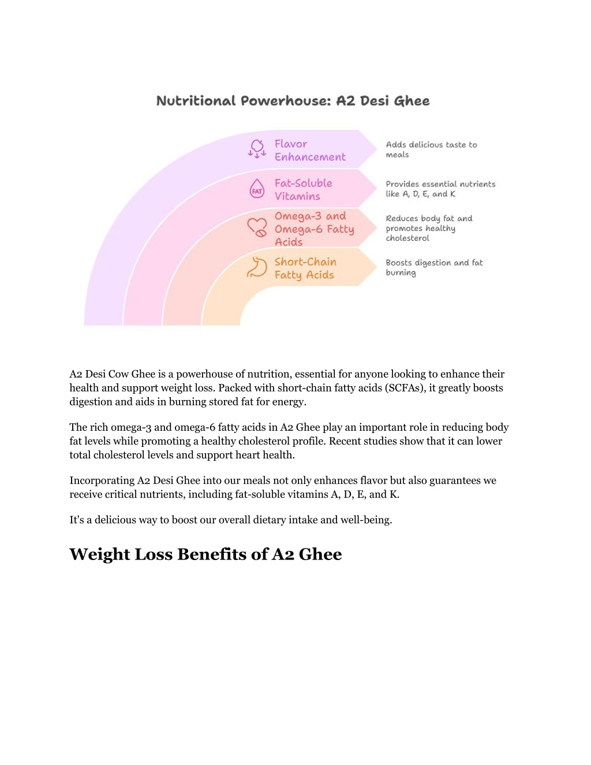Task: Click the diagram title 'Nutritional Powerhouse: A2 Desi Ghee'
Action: (293, 100)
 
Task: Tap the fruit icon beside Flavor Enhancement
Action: (257, 149)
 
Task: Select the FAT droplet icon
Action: (257, 188)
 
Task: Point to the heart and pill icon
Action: (257, 227)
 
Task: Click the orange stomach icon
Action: (257, 267)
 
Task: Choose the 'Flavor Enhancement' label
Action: (310, 150)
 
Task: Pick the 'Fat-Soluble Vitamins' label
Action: (303, 189)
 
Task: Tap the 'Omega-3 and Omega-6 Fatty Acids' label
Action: (314, 229)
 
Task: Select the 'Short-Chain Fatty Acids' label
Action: (305, 268)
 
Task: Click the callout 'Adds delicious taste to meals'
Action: (431, 150)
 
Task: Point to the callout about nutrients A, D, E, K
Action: (440, 189)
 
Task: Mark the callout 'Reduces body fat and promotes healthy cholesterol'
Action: (429, 228)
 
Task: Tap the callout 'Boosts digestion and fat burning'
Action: (434, 267)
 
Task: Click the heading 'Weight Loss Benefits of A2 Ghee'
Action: (206, 554)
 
